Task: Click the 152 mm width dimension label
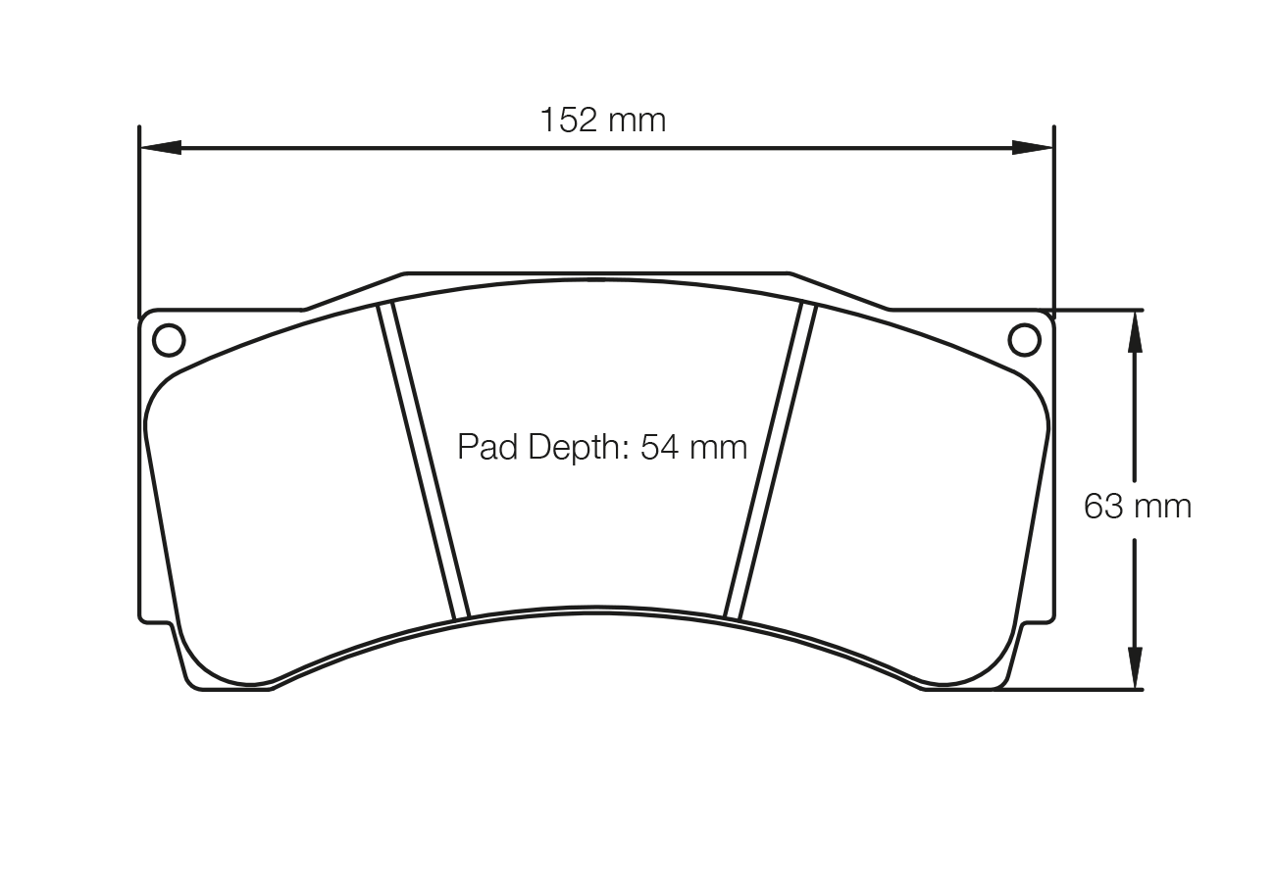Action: tap(602, 121)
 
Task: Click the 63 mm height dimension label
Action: tap(1137, 507)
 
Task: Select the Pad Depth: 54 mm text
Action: tap(602, 447)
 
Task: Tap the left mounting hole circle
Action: tap(169, 340)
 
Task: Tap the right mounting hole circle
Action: tap(1024, 340)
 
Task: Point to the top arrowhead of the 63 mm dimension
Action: tap(1135, 331)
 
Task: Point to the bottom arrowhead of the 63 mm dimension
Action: tap(1135, 668)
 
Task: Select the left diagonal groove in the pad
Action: tap(424, 461)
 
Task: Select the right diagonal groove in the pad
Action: tap(770, 461)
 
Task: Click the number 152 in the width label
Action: tap(569, 121)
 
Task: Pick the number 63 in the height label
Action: tap(1103, 507)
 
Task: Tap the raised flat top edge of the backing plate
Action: tap(596, 273)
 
